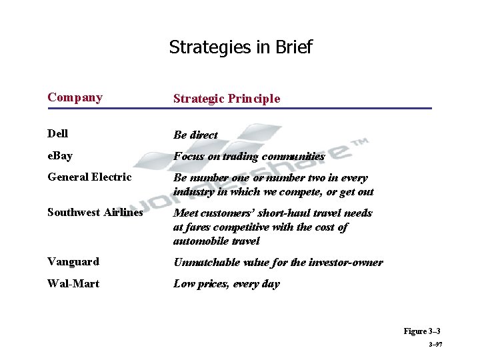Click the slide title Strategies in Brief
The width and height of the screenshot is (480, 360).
tap(240, 47)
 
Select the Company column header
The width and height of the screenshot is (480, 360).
tap(75, 97)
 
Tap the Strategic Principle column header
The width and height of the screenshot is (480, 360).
tap(227, 99)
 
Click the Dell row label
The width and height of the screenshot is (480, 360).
tap(57, 133)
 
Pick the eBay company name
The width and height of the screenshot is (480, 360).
tap(60, 155)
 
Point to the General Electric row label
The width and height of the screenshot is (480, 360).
tap(89, 177)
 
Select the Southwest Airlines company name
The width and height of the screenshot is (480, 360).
tap(95, 213)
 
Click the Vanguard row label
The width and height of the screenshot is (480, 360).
tap(73, 261)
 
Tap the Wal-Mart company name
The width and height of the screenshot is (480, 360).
tap(73, 283)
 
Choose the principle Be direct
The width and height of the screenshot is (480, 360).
tap(195, 135)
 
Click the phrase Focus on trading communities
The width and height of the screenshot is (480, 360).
tap(249, 157)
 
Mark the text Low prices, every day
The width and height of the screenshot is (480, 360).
tap(227, 284)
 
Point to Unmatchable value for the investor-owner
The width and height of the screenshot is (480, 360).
tap(278, 262)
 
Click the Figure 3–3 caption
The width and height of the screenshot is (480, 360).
tap(422, 331)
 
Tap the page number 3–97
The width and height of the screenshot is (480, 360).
tap(433, 345)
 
